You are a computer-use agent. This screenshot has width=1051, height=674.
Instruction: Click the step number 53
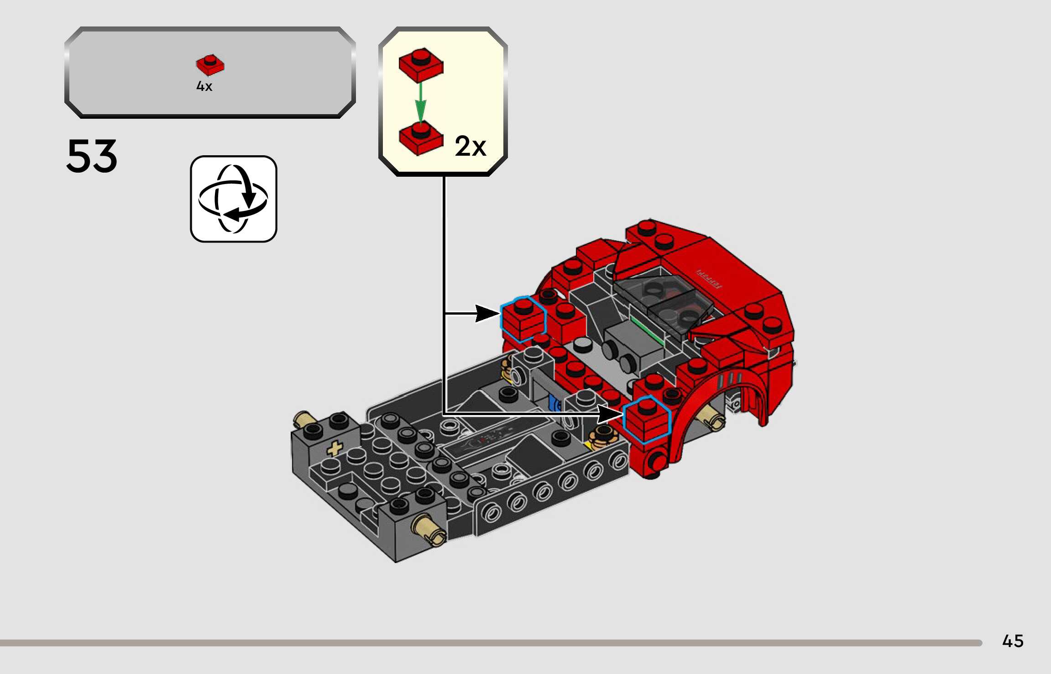pyautogui.click(x=92, y=156)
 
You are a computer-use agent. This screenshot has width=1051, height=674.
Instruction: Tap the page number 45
pyautogui.click(x=1013, y=641)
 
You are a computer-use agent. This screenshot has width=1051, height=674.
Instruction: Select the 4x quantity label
pyautogui.click(x=204, y=86)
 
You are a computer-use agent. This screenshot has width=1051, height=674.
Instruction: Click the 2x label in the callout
pyautogui.click(x=470, y=146)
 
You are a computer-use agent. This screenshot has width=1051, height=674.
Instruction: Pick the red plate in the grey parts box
pyautogui.click(x=210, y=65)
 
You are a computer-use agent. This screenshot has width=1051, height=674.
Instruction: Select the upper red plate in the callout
pyautogui.click(x=420, y=64)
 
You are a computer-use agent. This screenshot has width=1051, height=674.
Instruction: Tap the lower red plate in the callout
pyautogui.click(x=420, y=138)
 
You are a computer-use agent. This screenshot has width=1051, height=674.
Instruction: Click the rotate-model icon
pyautogui.click(x=233, y=199)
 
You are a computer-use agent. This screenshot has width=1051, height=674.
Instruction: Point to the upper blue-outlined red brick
pyautogui.click(x=523, y=318)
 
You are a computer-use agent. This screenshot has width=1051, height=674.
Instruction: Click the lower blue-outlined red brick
pyautogui.click(x=646, y=419)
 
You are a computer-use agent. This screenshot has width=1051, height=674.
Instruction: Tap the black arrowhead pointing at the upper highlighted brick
pyautogui.click(x=487, y=313)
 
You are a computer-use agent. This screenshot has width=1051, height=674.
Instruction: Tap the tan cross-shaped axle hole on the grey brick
pyautogui.click(x=335, y=448)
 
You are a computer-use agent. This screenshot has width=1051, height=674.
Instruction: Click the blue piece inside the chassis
pyautogui.click(x=554, y=404)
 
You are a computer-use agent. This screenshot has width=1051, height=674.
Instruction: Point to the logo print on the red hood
pyautogui.click(x=709, y=279)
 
